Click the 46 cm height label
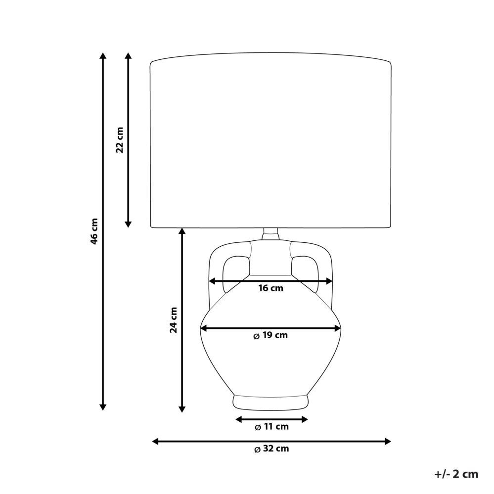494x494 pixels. coord(94,231)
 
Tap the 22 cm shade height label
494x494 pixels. coord(120,140)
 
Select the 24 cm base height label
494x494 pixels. coord(174,320)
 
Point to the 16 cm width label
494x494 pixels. coord(271,288)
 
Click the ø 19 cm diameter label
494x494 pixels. coord(270,335)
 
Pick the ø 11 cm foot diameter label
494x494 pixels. coord(271,427)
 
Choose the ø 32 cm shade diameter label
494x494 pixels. coord(271,449)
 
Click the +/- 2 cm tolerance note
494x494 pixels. coord(456,474)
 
